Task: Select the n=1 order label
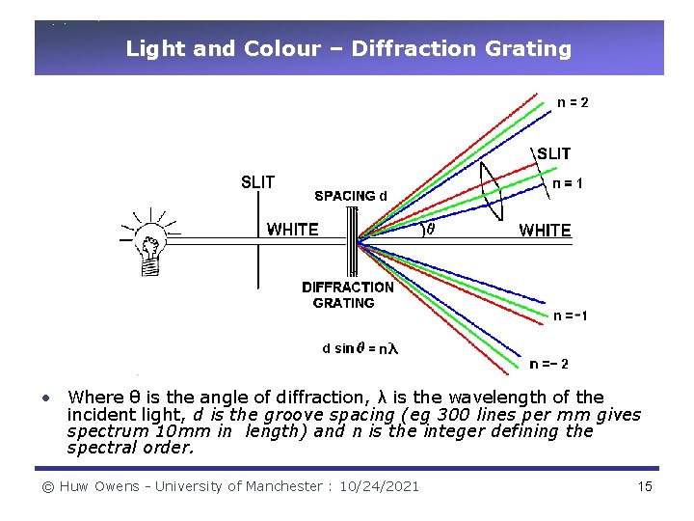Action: coord(567,182)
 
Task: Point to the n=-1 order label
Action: coord(571,315)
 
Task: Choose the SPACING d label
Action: coord(352,196)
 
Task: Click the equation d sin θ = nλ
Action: coord(360,348)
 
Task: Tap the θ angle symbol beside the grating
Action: coord(431,230)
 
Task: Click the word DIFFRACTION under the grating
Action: coord(348,287)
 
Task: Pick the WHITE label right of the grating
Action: coord(545,231)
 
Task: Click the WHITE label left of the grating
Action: coord(292,230)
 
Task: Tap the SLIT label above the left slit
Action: coord(257,181)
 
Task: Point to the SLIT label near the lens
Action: coord(553,153)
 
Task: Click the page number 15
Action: coord(645,486)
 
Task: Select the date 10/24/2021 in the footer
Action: coord(379,486)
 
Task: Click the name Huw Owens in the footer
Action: coord(97,486)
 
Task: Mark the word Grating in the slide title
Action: coord(528,48)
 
